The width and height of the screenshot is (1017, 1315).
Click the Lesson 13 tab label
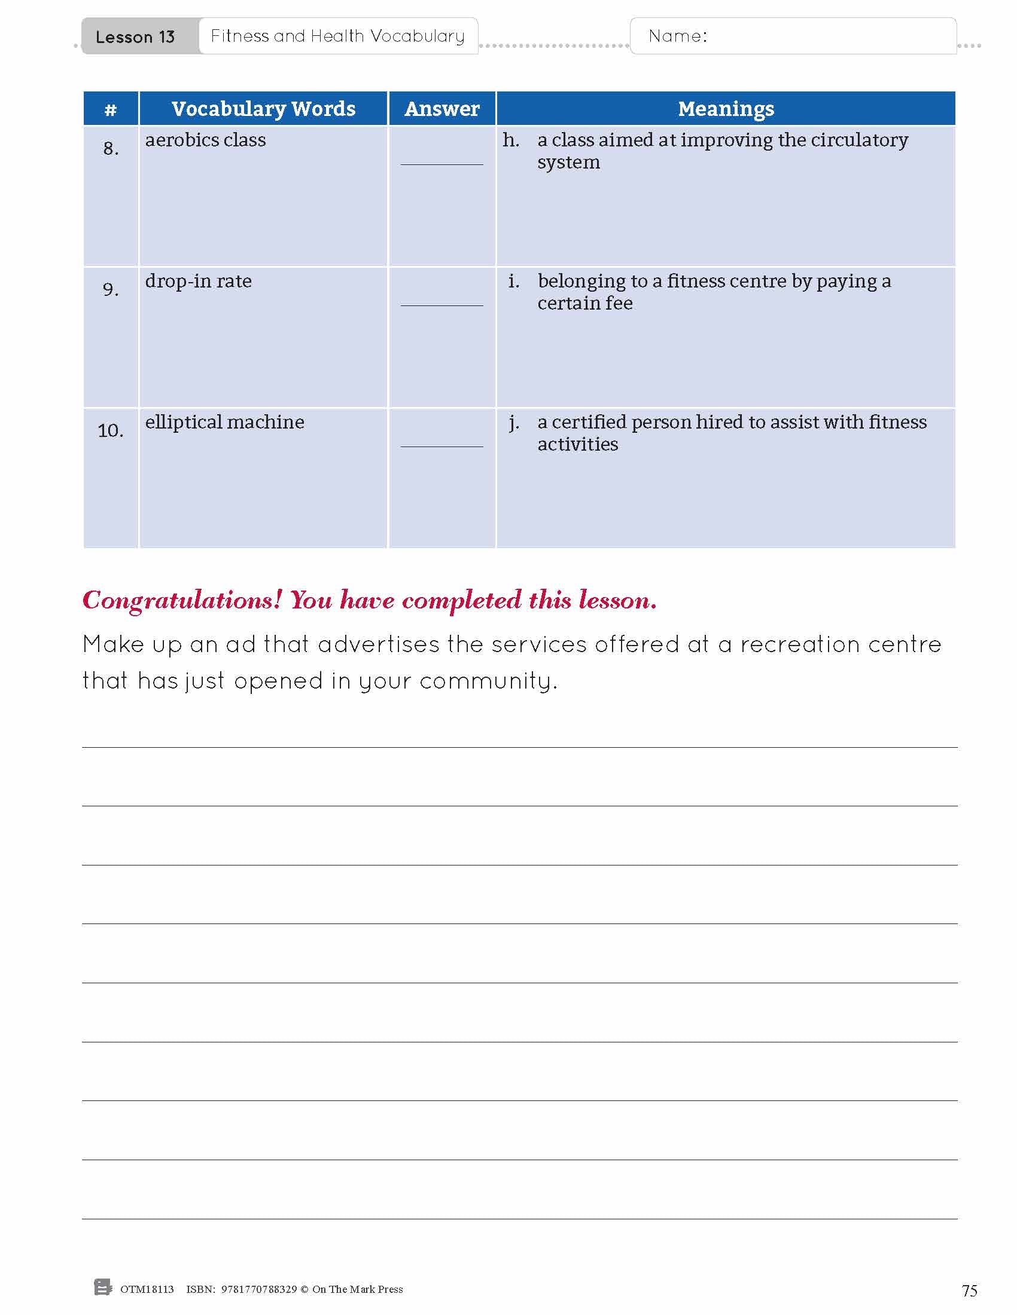[x=135, y=37]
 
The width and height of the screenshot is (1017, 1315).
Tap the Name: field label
[x=677, y=36]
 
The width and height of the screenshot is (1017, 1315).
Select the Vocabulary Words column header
[x=263, y=109]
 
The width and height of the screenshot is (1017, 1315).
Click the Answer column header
[x=441, y=109]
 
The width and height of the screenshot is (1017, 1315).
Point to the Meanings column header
[x=726, y=109]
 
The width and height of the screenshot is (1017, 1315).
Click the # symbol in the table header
[x=110, y=109]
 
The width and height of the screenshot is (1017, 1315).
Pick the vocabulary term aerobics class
[x=205, y=140]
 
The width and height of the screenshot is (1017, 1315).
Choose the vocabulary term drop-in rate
[x=198, y=281]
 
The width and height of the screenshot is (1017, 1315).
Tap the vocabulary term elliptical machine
[x=224, y=422]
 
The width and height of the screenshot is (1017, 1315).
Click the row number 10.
[x=110, y=430]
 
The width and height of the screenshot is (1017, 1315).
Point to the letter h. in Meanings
[x=511, y=140]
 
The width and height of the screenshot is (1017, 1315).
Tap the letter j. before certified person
[x=513, y=423]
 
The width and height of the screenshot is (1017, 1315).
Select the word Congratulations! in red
[x=182, y=600]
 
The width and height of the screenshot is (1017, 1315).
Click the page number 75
[x=969, y=1290]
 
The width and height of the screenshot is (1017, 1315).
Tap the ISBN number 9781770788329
[x=259, y=1289]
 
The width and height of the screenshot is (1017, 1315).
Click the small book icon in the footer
[x=103, y=1288]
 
